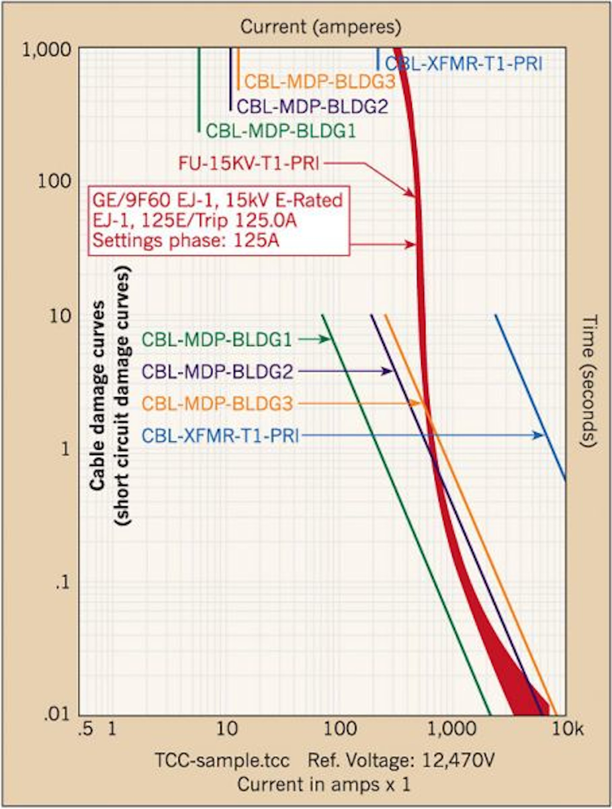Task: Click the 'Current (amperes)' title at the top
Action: coord(320,27)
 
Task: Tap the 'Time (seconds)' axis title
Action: coord(589,381)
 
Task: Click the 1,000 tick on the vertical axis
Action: coord(47,50)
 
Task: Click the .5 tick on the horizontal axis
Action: coord(85,729)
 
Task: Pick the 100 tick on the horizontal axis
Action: coord(340,729)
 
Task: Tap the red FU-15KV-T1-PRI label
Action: coord(249,163)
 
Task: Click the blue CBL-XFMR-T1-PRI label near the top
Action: coord(463,64)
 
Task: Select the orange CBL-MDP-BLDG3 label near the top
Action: coord(320,82)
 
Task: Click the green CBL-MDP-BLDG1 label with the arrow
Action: coord(216,340)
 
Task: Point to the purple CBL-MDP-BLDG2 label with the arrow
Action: coord(217,372)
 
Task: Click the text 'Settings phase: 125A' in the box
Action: coord(186,241)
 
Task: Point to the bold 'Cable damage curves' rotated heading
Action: coord(98,395)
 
